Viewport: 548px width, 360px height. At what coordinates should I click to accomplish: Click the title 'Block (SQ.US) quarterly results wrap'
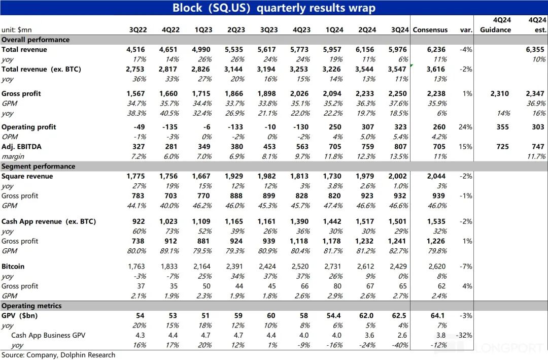(x=274, y=8)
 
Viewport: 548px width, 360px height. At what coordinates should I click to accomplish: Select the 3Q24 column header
(x=400, y=30)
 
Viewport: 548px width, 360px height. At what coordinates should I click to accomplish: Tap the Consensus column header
(x=430, y=30)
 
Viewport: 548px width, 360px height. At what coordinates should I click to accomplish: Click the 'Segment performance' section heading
(x=38, y=167)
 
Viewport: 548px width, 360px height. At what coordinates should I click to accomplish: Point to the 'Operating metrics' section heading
(x=31, y=306)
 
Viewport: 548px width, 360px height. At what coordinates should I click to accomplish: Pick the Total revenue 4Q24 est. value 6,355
(x=535, y=50)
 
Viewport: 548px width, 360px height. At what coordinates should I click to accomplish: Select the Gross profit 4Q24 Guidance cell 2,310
(x=499, y=94)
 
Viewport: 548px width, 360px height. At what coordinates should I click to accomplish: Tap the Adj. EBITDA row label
(x=21, y=147)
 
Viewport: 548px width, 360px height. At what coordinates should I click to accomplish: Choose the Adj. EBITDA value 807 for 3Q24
(x=400, y=147)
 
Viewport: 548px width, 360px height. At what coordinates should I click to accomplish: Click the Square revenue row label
(x=27, y=177)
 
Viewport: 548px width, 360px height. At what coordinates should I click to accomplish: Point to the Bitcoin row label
(x=13, y=267)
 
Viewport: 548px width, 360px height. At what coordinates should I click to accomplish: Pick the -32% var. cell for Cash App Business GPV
(x=464, y=336)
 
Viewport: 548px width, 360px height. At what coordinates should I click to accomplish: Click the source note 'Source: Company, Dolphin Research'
(x=58, y=355)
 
